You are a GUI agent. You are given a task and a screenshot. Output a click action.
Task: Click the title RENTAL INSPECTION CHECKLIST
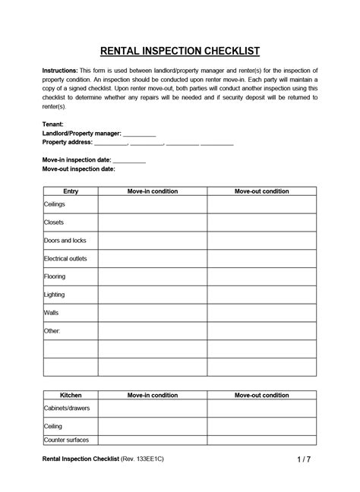pyautogui.click(x=180, y=51)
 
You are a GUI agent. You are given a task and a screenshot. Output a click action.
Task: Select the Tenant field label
pyautogui.click(x=53, y=123)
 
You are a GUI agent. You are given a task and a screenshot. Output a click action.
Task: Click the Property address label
pyautogui.click(x=67, y=142)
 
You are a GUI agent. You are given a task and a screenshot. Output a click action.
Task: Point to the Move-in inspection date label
pyautogui.click(x=77, y=160)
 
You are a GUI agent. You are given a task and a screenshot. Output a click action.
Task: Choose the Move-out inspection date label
pyautogui.click(x=78, y=169)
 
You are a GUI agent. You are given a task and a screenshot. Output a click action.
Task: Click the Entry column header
pyautogui.click(x=71, y=191)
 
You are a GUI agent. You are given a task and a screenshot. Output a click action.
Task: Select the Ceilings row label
pyautogui.click(x=55, y=205)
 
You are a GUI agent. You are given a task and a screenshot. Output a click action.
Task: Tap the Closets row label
pyautogui.click(x=54, y=222)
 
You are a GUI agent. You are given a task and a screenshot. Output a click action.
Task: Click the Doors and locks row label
pyautogui.click(x=65, y=241)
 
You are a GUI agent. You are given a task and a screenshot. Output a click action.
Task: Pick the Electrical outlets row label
pyautogui.click(x=66, y=259)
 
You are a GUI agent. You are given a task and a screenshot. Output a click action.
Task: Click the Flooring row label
pyautogui.click(x=55, y=276)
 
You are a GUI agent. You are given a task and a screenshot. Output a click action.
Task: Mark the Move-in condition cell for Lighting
pyautogui.click(x=153, y=295)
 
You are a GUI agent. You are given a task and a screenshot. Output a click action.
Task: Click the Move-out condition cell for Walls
pyautogui.click(x=261, y=313)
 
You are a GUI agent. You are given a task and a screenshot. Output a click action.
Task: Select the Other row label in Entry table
pyautogui.click(x=52, y=331)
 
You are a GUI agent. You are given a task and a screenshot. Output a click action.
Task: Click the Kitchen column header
pyautogui.click(x=71, y=395)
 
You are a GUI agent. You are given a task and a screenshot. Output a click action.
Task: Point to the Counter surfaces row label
pyautogui.click(x=68, y=440)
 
